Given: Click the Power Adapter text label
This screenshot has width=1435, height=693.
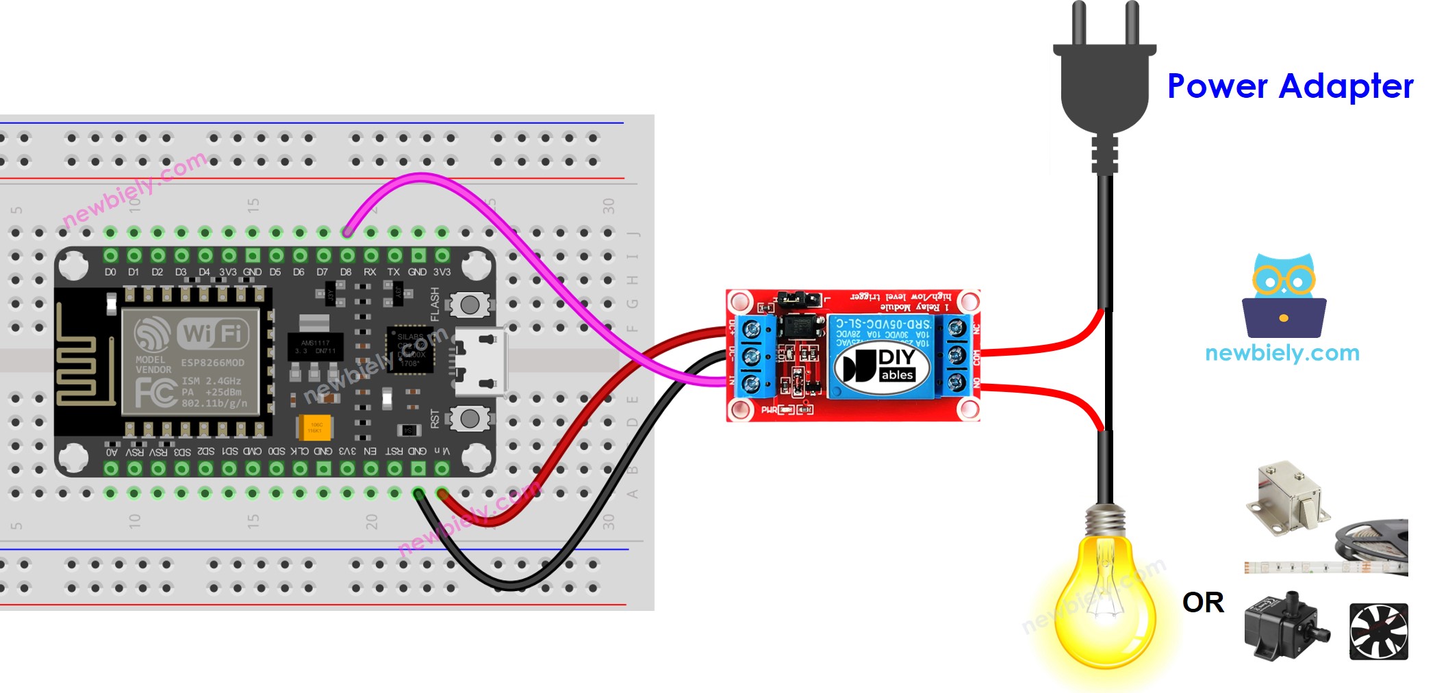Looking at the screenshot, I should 1290,87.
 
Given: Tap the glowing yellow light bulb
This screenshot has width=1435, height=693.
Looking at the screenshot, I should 1104,602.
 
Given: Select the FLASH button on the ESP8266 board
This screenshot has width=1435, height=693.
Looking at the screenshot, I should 470,305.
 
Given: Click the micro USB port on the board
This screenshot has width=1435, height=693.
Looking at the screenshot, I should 482,363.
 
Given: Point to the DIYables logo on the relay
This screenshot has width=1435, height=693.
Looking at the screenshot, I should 882,367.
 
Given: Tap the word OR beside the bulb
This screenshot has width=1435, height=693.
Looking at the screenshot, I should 1203,603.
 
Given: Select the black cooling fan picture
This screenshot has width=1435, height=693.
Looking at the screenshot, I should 1378,631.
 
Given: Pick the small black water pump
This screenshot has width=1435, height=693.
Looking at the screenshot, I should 1284,626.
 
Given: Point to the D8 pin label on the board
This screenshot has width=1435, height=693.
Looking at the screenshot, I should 346,272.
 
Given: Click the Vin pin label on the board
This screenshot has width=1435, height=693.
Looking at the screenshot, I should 442,451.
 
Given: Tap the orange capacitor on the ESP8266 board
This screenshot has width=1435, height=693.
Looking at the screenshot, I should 315,428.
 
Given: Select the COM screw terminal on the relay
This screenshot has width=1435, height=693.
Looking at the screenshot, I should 957,356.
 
